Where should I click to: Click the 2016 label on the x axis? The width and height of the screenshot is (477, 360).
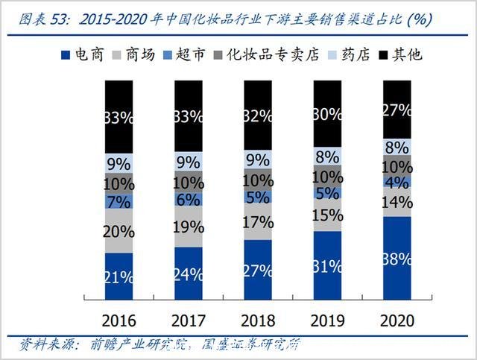[119, 321]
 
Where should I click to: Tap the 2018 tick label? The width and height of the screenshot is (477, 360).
[258, 321]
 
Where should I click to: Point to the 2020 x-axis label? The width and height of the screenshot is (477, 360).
[397, 321]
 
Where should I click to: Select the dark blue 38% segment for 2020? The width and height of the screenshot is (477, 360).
[397, 259]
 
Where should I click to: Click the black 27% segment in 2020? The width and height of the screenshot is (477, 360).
[397, 110]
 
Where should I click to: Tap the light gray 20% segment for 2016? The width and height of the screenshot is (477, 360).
[119, 230]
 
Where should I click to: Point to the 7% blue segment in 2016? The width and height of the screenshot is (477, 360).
[119, 200]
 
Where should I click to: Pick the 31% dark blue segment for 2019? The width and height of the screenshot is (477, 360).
[327, 265]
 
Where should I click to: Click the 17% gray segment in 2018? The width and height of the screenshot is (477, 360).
[258, 221]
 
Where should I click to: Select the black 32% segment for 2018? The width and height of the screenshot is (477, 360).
[258, 115]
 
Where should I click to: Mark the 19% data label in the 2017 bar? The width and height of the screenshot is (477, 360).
[189, 227]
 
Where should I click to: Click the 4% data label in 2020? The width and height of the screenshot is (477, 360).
[397, 182]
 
